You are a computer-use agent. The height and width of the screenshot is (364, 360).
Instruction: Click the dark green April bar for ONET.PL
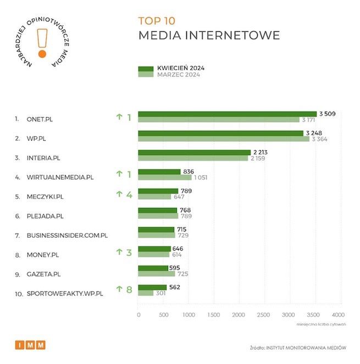pyautogui.click(x=227, y=114)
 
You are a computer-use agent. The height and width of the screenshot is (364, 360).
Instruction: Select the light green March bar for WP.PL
pyautogui.click(x=223, y=139)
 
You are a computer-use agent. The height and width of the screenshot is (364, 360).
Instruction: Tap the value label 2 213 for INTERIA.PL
pyautogui.click(x=259, y=152)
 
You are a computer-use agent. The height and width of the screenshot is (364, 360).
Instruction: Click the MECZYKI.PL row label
pyautogui.click(x=45, y=196)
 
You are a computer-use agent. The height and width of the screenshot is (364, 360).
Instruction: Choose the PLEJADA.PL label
pyautogui.click(x=45, y=216)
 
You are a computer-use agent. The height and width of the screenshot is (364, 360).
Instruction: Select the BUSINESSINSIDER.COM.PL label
pyautogui.click(x=67, y=235)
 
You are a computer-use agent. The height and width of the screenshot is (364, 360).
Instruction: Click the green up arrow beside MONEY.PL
pyautogui.click(x=119, y=252)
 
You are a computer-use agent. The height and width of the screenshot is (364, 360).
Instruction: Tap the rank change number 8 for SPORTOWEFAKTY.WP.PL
pyautogui.click(x=129, y=290)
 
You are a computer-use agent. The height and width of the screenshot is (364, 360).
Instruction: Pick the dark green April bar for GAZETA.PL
pyautogui.click(x=153, y=268)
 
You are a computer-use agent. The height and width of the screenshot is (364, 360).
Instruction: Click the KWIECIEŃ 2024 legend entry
pyautogui.click(x=177, y=69)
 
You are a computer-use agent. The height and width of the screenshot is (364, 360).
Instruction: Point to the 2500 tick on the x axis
pyautogui.click(x=263, y=315)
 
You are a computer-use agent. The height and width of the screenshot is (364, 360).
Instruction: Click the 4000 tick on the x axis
pyautogui.click(x=338, y=315)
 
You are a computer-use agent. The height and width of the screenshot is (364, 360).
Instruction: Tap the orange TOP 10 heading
pyautogui.click(x=157, y=21)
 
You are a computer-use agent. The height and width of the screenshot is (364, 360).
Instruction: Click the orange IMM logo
pyautogui.click(x=30, y=345)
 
